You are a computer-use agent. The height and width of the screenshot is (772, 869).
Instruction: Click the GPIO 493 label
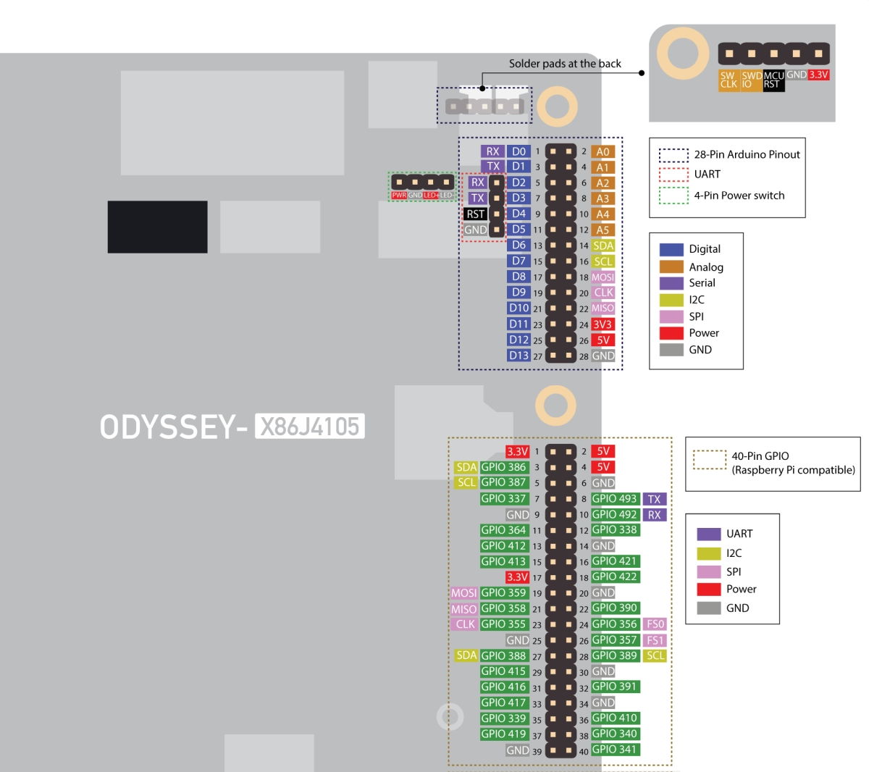(614, 498)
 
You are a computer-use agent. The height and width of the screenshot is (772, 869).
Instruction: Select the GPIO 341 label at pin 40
(614, 750)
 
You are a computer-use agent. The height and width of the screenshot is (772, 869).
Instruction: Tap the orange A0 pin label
(603, 151)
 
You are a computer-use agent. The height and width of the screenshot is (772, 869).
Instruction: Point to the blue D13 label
(519, 356)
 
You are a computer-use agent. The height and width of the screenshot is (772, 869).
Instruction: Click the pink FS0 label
(655, 624)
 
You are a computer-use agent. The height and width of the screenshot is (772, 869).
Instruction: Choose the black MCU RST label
(773, 80)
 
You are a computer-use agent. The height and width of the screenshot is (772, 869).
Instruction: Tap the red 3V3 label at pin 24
(603, 324)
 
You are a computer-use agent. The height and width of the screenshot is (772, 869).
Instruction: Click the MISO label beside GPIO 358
(463, 609)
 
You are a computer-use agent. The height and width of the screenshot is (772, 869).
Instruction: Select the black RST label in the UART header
(475, 214)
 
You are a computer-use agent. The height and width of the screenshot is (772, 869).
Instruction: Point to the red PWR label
(398, 196)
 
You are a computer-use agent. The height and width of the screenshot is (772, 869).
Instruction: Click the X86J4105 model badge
(309, 427)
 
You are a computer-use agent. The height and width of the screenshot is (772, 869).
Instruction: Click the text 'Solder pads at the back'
(565, 64)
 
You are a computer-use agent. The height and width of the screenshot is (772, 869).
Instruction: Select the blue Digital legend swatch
(671, 249)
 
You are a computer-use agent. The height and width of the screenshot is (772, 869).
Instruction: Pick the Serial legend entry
(702, 283)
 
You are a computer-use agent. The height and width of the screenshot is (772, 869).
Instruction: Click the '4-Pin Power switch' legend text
(739, 196)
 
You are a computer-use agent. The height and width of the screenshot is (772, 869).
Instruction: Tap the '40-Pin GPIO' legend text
(760, 456)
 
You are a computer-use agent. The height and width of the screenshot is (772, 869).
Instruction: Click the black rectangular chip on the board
(157, 227)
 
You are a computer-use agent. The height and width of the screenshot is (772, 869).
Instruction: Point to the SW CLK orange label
(729, 80)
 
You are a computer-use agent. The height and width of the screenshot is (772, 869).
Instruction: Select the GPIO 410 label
(614, 718)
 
